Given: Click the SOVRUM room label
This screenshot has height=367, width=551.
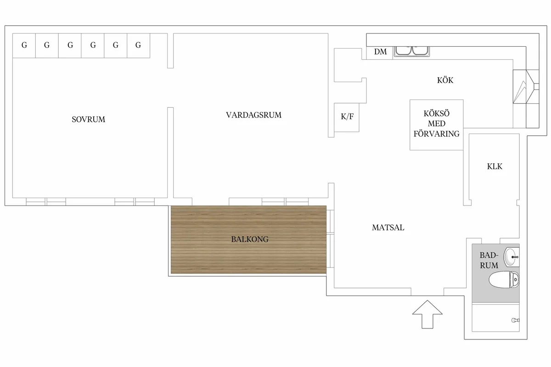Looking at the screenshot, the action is [x=88, y=119].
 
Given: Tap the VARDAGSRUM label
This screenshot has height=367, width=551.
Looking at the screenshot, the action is [x=253, y=115].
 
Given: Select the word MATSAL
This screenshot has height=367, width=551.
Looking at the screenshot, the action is [x=388, y=228].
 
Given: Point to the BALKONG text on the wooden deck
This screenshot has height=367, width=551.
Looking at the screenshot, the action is [x=250, y=239].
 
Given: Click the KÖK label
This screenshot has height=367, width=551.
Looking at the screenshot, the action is [x=445, y=80].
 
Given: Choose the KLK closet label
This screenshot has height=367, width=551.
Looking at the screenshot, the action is [x=495, y=167].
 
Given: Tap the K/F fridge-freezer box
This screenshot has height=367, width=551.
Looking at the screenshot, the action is [x=347, y=117].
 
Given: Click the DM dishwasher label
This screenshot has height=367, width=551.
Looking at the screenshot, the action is [x=380, y=52].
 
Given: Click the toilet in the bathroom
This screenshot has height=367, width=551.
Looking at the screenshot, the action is [x=504, y=280].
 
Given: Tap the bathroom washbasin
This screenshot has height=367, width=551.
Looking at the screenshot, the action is [x=512, y=257].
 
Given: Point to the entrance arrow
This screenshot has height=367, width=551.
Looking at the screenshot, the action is [x=427, y=314].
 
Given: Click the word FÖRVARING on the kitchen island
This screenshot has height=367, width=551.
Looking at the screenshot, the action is [x=436, y=133].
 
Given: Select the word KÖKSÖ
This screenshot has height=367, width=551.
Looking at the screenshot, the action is [x=436, y=114].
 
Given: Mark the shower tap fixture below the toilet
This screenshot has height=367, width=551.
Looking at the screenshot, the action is [x=516, y=320].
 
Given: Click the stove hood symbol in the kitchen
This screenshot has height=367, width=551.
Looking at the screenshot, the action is [x=526, y=87].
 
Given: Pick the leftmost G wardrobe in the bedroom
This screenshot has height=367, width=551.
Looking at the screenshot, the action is [x=24, y=46].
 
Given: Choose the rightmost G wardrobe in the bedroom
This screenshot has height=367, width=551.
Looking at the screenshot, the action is [x=139, y=46].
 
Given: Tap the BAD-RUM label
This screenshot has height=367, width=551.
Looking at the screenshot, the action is [x=489, y=260].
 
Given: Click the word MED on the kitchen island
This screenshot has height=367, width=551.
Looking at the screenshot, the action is [x=437, y=123].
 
